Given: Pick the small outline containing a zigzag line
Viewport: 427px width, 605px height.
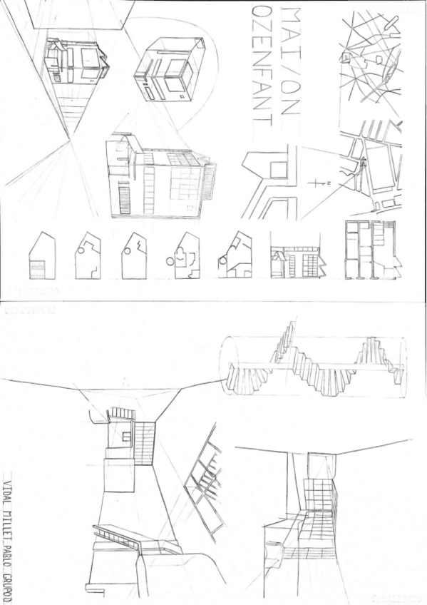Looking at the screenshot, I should (134, 255).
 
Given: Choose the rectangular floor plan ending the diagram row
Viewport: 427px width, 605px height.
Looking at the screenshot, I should (373, 249).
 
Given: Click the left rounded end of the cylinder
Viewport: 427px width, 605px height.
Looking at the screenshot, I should (229, 366).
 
